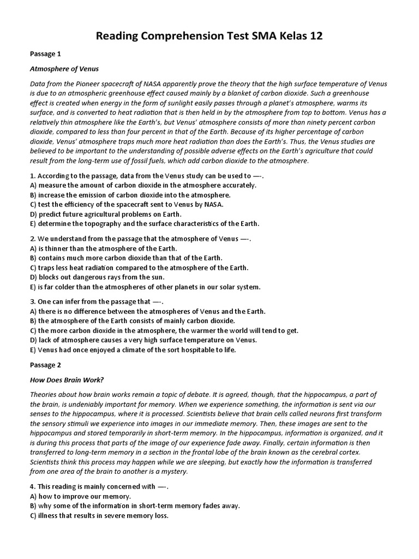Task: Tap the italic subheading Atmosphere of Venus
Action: (64, 69)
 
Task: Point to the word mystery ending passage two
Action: (175, 471)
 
